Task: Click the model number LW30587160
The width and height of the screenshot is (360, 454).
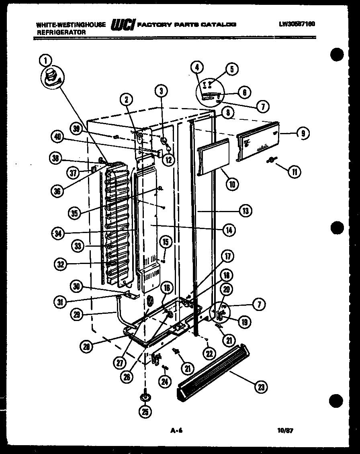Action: pos(297,24)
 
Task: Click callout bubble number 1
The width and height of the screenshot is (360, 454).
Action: pos(45,61)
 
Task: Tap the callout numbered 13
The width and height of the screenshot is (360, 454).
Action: pos(245,210)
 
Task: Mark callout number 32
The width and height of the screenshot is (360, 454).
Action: pos(60,264)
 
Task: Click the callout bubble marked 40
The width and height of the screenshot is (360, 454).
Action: pos(58,137)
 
